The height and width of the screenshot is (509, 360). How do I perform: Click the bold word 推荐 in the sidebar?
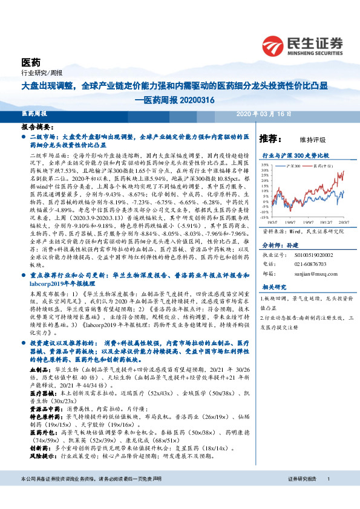(269, 138)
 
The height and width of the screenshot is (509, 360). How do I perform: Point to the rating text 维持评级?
(312, 139)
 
